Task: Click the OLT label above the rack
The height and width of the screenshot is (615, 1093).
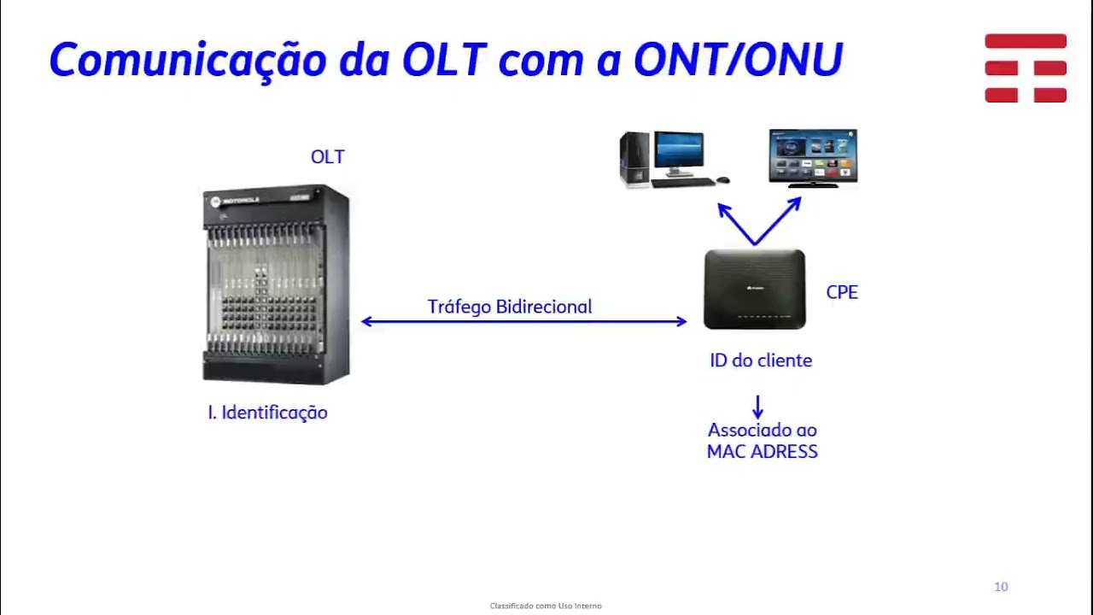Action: [x=327, y=157]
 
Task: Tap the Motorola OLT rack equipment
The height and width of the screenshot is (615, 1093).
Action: [x=276, y=284]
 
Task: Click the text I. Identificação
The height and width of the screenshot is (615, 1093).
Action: [x=267, y=413]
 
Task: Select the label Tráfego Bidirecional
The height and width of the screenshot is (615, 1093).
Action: [x=509, y=307]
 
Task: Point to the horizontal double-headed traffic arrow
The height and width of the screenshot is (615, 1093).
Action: [x=523, y=322]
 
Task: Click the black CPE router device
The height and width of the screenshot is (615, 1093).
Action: [x=754, y=290]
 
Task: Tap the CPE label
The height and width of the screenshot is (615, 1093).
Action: [x=841, y=292]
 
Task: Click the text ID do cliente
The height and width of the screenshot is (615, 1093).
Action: [x=760, y=360]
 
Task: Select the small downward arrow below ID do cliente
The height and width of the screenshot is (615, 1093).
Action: [x=757, y=406]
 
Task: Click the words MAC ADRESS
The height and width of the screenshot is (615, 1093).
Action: [x=762, y=452]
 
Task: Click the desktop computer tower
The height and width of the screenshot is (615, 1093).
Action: [x=634, y=160]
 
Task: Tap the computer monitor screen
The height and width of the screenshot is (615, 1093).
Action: [x=679, y=153]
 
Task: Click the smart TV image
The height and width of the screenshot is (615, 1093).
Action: [x=812, y=157]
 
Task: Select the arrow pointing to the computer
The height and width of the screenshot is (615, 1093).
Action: [x=734, y=221]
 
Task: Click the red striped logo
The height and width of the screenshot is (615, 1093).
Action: [x=1025, y=68]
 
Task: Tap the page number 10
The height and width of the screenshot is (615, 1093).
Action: [x=1001, y=587]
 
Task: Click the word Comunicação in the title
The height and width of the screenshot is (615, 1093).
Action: [x=189, y=61]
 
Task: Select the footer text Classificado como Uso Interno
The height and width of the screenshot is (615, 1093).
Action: [x=546, y=606]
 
